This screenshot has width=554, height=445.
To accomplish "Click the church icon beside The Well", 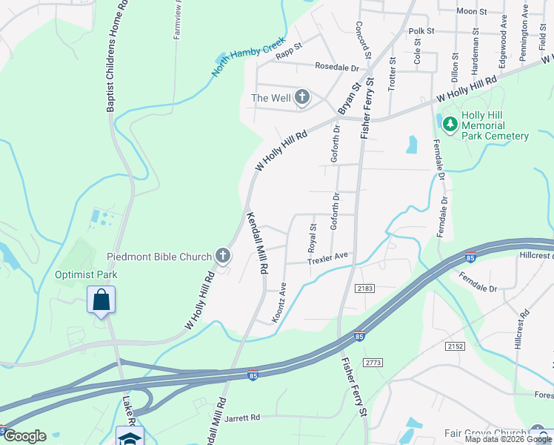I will [302, 97].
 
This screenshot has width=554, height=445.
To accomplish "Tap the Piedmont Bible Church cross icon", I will [221, 257].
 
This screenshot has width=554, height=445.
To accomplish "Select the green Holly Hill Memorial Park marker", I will [448, 121].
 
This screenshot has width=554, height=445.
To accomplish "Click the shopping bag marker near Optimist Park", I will [101, 301].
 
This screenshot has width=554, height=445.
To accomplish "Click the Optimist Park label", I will [86, 274].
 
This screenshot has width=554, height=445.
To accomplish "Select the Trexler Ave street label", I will [327, 258].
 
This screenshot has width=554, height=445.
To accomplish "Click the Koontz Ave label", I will [279, 301].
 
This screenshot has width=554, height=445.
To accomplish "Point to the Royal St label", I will [313, 236].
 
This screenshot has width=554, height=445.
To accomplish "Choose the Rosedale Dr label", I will [336, 67].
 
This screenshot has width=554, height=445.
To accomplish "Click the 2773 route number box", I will [373, 362].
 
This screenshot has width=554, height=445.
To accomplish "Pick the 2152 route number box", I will [454, 346].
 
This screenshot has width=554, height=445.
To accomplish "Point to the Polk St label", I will [421, 31].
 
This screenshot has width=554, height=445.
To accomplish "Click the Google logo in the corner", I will [24, 436].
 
